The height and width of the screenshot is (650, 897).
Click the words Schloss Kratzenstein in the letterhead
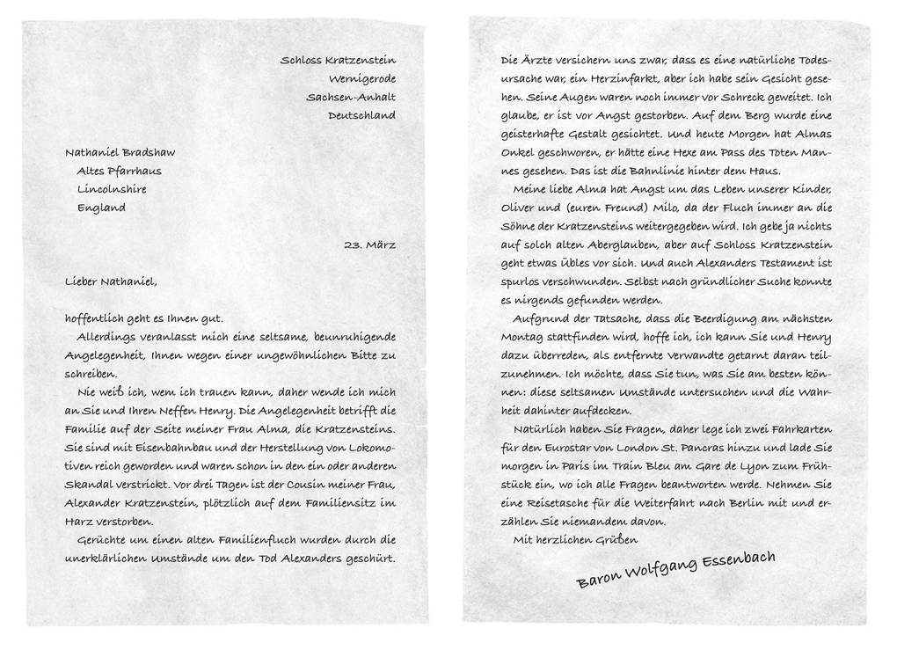[x=338, y=61]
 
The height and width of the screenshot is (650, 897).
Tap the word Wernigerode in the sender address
[x=361, y=79]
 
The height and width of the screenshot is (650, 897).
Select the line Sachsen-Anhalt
[x=350, y=98]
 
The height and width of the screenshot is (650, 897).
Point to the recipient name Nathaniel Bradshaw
[x=120, y=153]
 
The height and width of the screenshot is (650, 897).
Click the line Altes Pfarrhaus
[x=119, y=172]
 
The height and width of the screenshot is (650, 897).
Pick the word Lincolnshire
[x=112, y=190]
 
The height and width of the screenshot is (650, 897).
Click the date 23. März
[x=369, y=245]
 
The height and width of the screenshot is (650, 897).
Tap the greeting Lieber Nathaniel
[x=111, y=282]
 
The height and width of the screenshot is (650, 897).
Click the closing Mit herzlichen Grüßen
[x=575, y=540]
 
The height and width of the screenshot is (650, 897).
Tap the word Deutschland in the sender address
[x=361, y=116]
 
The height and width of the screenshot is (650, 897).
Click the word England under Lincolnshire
[x=101, y=208]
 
